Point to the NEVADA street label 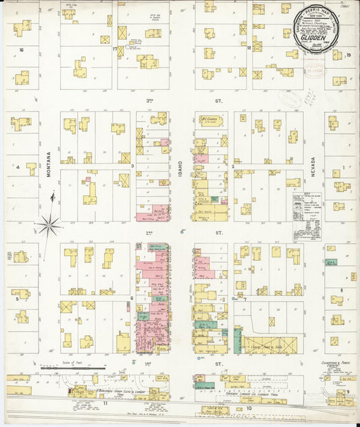[x=313, y=166]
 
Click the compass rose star [x=48, y=224]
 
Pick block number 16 [x=22, y=49]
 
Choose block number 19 [x=349, y=55]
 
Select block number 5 [x=17, y=297]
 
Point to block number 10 [x=249, y=408]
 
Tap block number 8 [x=342, y=290]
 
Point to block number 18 [x=258, y=47]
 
